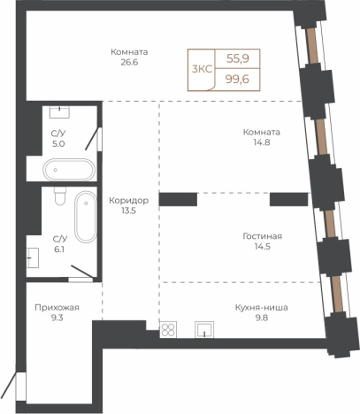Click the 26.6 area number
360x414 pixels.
pos(129,63)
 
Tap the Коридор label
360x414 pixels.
pos(129,201)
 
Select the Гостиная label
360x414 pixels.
pos(263,236)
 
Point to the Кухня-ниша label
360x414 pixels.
pos(262,308)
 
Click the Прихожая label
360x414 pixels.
pos(57,308)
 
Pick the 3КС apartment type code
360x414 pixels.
pos(202,69)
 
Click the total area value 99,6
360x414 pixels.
pos(237,79)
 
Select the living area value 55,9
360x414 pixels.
pos(238,58)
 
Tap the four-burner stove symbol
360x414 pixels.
pos(168,329)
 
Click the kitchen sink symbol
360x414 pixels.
pos(204,330)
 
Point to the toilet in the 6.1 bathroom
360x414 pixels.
pos(60,196)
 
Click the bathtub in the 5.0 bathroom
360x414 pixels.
pos(69,170)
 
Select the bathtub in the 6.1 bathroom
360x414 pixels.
pos(86,217)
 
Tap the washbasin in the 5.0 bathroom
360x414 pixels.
pos(59,112)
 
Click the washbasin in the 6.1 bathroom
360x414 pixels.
pos(33,257)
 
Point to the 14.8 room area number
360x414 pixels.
pos(262,142)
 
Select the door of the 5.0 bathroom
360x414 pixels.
pos(92,139)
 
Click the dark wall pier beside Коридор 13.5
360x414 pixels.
pos(178,199)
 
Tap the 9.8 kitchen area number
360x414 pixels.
pos(262,318)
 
